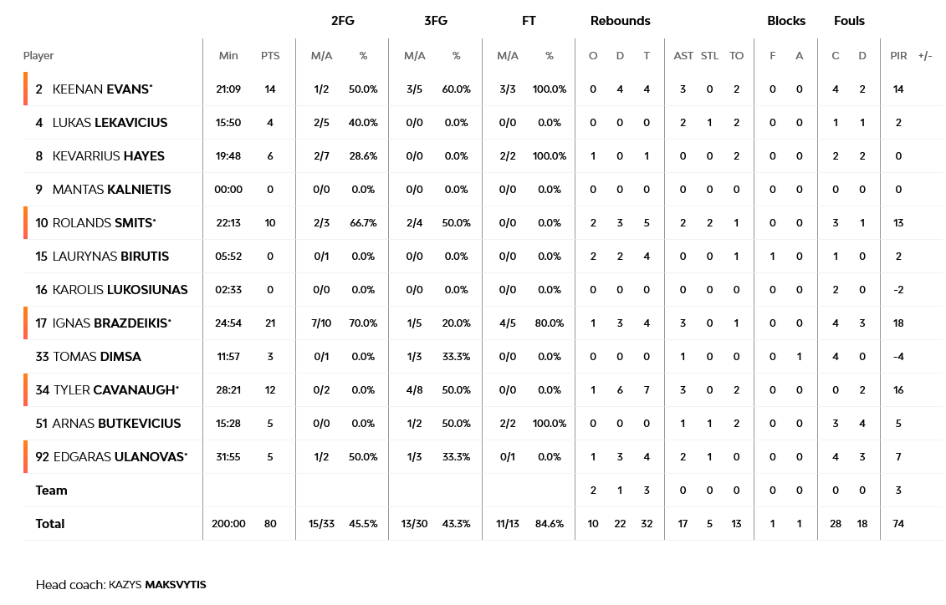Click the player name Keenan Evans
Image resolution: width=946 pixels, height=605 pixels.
(102, 89)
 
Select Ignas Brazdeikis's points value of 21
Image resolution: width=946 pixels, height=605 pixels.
(269, 323)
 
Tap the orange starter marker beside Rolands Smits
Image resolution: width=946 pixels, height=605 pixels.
(26, 223)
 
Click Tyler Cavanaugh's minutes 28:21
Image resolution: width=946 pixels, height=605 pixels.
(228, 390)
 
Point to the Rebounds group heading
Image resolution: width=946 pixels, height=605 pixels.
(620, 21)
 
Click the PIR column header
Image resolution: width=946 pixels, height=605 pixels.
(898, 56)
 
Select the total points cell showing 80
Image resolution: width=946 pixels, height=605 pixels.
(269, 524)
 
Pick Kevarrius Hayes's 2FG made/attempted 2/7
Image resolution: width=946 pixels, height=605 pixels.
(321, 156)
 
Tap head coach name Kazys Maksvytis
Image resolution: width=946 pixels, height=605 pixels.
(157, 585)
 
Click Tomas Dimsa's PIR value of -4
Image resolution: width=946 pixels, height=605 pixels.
(898, 357)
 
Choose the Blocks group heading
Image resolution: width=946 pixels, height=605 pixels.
(786, 21)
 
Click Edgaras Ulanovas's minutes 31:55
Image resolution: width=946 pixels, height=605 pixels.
(228, 457)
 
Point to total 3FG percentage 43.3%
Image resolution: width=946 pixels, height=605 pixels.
(457, 524)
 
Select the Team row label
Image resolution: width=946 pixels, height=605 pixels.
(51, 491)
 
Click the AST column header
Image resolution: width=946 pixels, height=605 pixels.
(683, 56)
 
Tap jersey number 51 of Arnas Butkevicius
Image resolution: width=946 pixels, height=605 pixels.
(42, 424)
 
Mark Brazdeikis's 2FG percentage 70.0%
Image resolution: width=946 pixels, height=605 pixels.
(363, 323)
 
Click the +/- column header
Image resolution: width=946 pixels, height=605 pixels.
(925, 56)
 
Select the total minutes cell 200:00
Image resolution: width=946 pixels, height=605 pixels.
(228, 524)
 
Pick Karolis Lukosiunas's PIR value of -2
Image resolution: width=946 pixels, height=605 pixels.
(898, 290)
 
